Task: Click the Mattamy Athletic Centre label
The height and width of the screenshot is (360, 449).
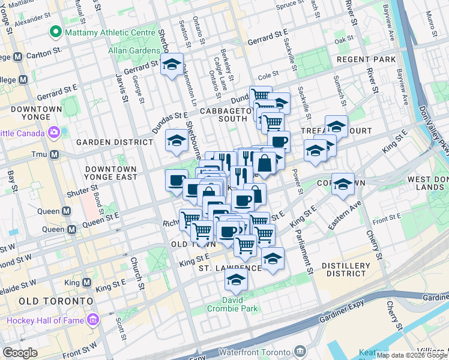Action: point(106,31)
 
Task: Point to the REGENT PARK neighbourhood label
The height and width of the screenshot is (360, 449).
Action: point(366,59)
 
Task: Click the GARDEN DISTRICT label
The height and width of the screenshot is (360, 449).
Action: point(115,142)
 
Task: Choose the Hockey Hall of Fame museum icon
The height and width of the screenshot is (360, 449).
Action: point(92,320)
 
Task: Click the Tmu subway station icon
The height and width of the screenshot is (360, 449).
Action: point(55,155)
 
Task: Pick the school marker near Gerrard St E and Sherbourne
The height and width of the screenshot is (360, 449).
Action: point(172,65)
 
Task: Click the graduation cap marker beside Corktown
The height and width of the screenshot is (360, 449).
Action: point(343,183)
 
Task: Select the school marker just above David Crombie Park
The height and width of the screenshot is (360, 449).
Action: point(237,279)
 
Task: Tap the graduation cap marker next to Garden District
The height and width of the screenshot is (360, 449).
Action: point(176,140)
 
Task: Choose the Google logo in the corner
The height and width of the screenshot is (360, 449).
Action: point(20,353)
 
